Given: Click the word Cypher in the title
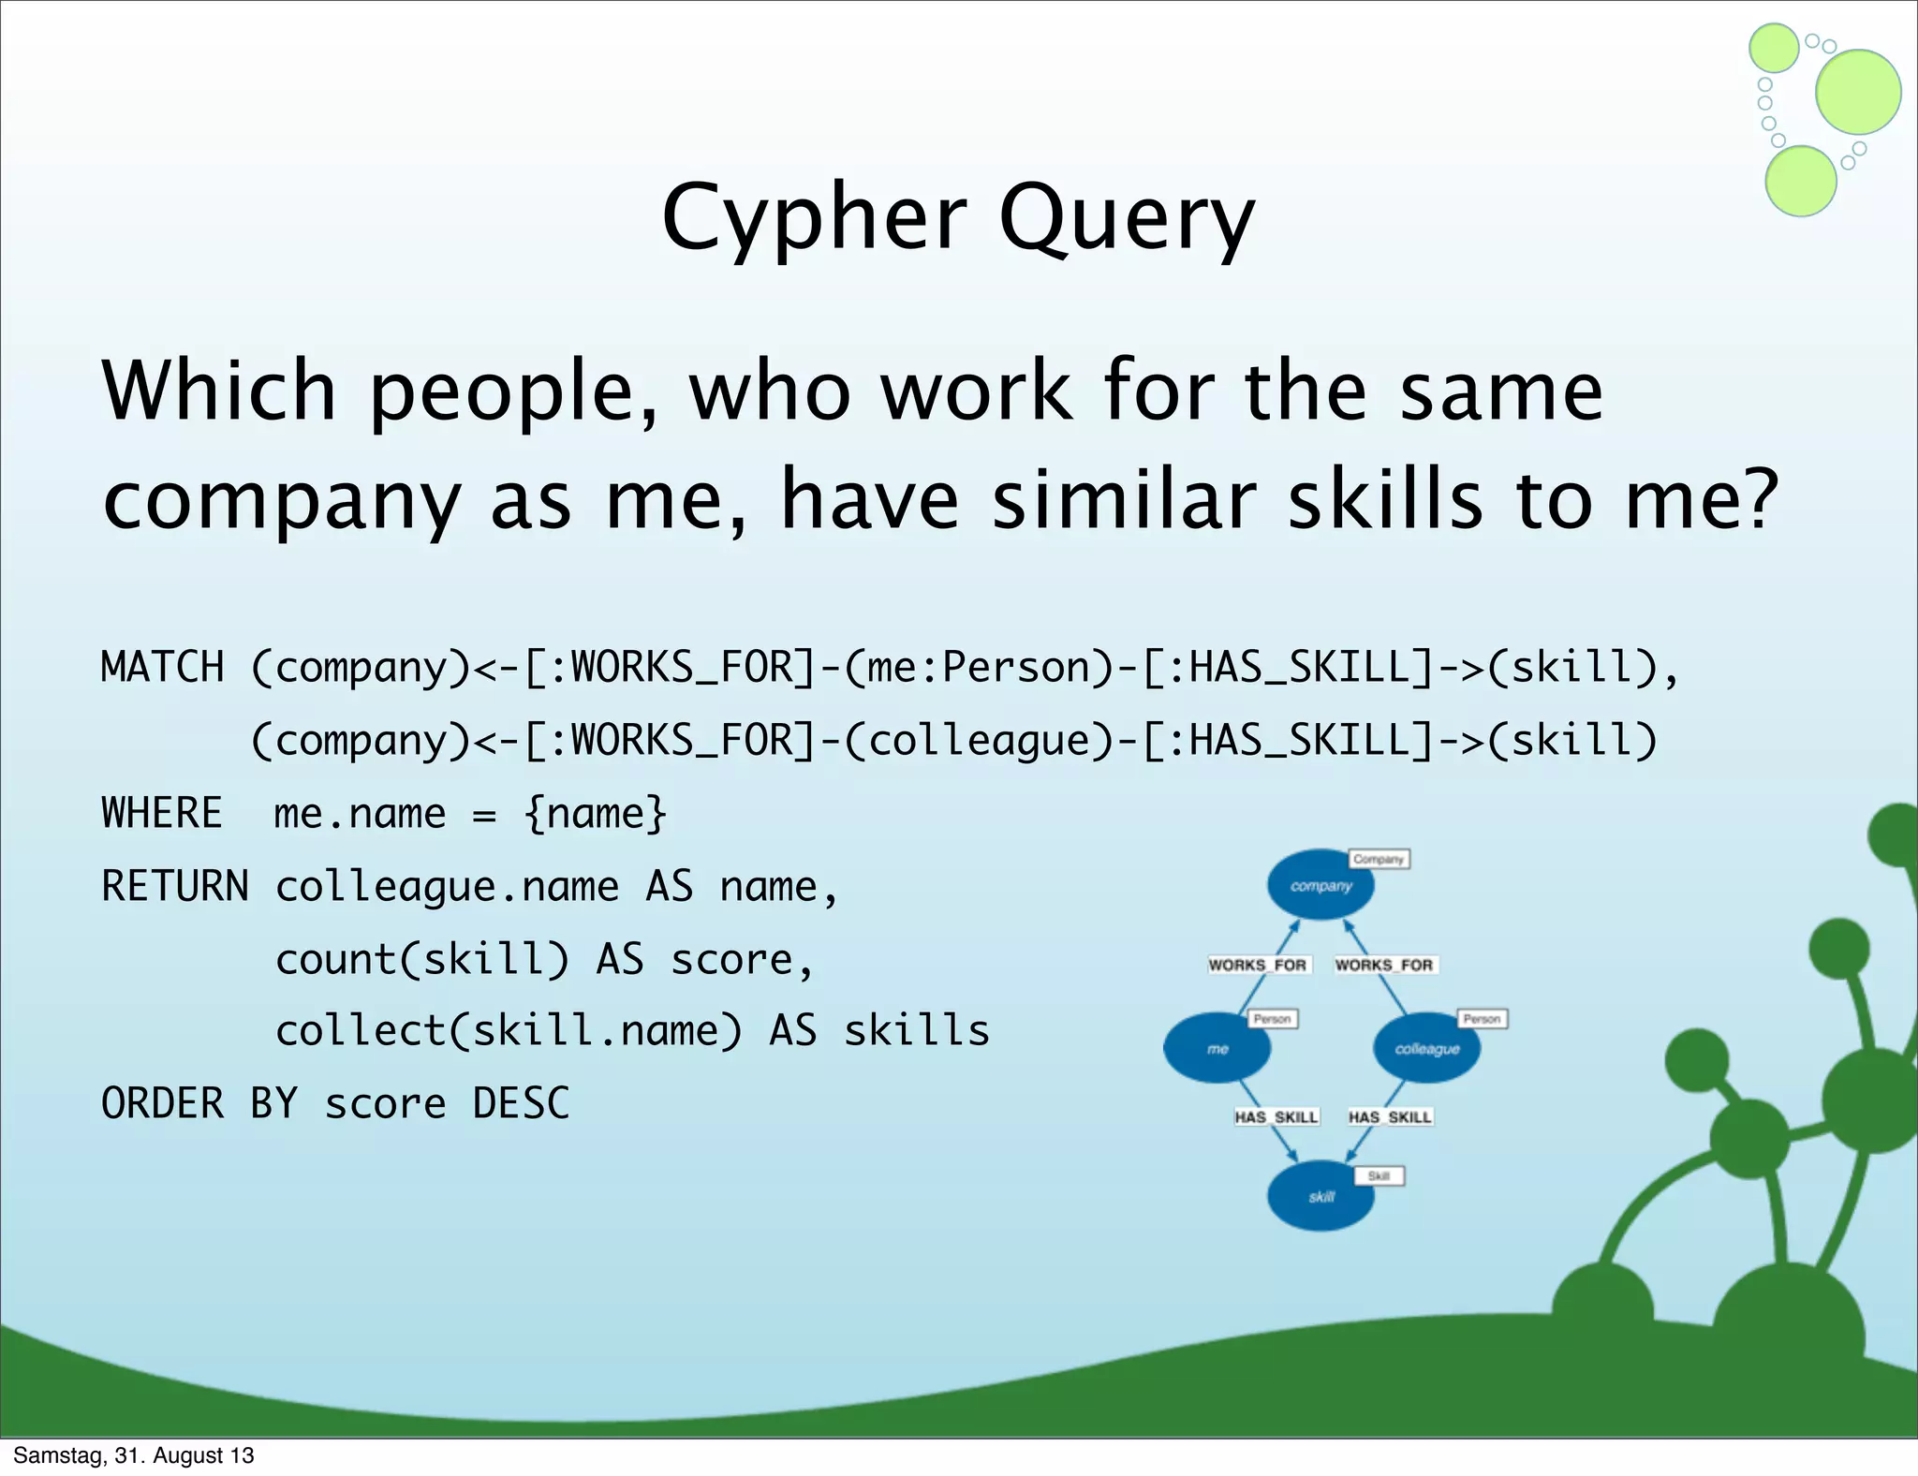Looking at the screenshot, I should pos(814,219).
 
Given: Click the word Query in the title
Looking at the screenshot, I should pos(1126,219).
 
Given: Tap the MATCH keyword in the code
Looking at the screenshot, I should pos(162,668).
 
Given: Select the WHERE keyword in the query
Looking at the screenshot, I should pos(161,813).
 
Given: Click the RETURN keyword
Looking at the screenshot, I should pos(174,886).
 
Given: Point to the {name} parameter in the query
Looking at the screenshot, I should pos(596,813).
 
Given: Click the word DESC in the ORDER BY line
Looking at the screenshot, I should pos(521,1103).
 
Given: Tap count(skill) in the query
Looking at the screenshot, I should pos(421,959).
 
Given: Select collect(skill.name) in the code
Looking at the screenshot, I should pos(509,1031).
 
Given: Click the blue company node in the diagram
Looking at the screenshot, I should pos(1320,885).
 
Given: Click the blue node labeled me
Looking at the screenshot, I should pos(1217,1049).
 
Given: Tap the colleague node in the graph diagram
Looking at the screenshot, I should pos(1426,1049).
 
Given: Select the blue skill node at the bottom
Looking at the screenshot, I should pos(1320,1196).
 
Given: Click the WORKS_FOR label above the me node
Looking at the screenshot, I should pos(1257,965).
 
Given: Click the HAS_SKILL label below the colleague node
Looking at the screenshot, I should pos(1390,1116).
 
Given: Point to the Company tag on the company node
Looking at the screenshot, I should pos(1379,859).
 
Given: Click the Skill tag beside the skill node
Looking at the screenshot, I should pos(1379,1175).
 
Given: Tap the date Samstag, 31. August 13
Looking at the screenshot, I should pos(134,1455).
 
